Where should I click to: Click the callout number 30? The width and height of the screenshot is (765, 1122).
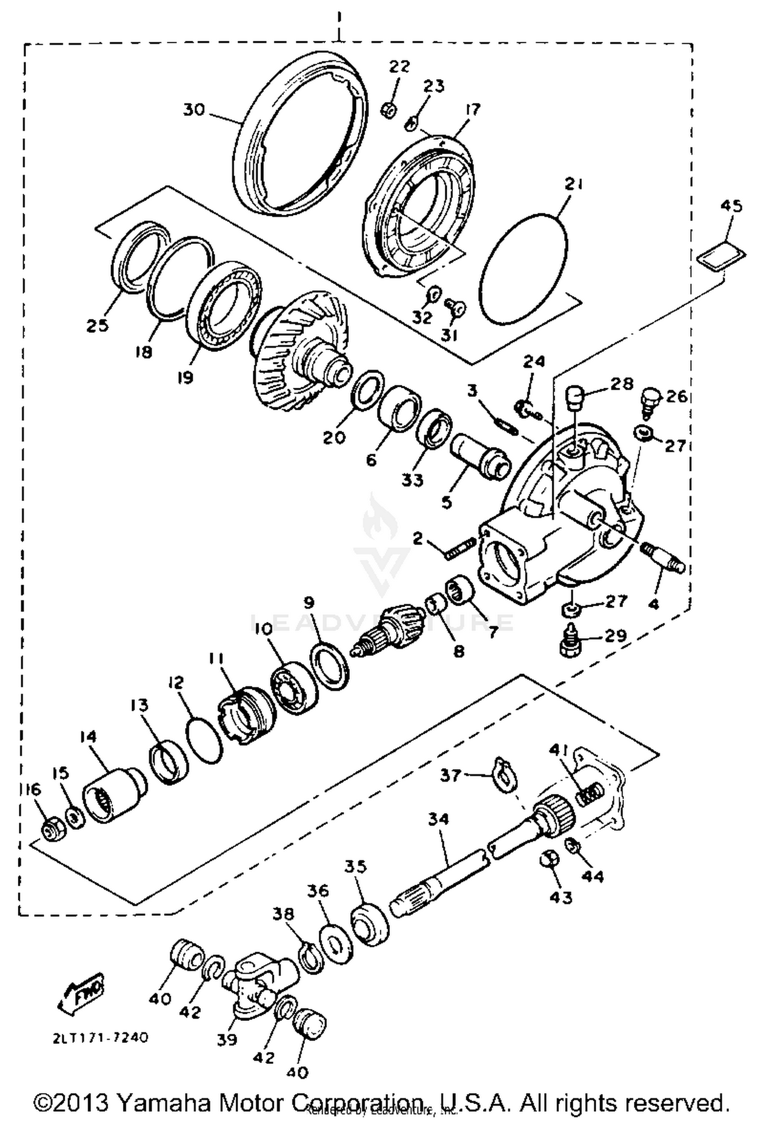(194, 110)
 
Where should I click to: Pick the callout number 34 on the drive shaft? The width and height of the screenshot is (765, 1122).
(439, 819)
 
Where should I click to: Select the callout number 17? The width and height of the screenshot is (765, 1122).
(473, 109)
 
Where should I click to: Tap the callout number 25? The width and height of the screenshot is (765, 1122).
(97, 325)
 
